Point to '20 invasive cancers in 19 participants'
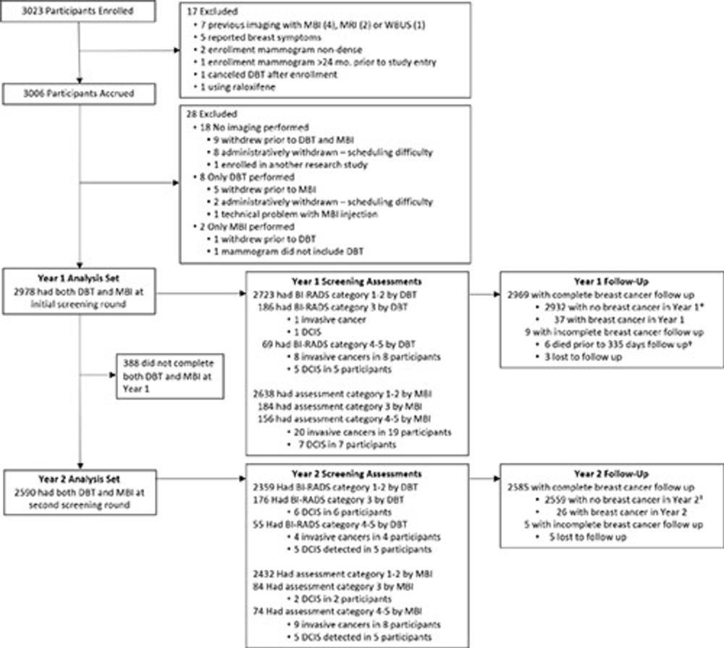376,432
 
